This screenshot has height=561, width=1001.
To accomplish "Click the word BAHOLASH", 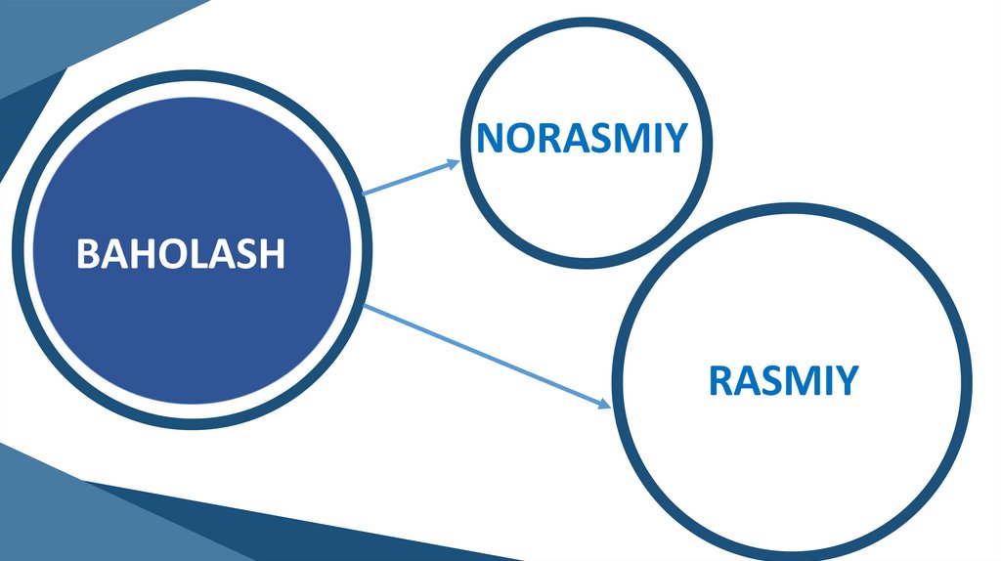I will pos(181,254).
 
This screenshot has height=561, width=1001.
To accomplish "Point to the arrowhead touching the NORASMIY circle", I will pos(453,163).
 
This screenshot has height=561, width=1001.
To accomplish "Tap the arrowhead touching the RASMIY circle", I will pos(604,402).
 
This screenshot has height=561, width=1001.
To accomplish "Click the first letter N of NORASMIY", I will pos(492,139).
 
